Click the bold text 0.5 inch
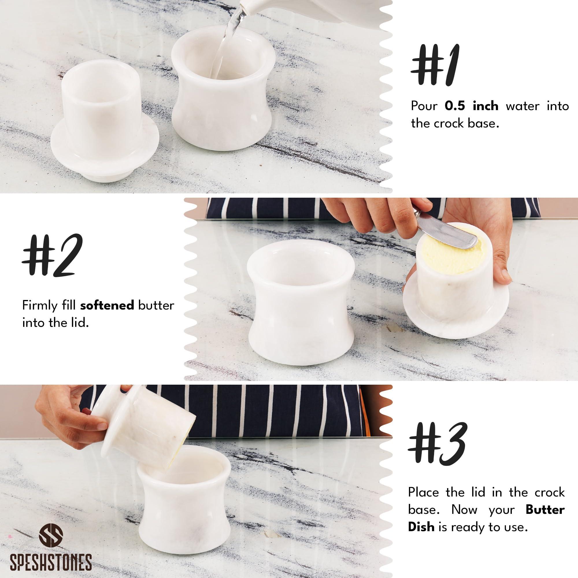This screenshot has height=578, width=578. coord(471,106)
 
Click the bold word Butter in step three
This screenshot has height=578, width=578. coord(545,510)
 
